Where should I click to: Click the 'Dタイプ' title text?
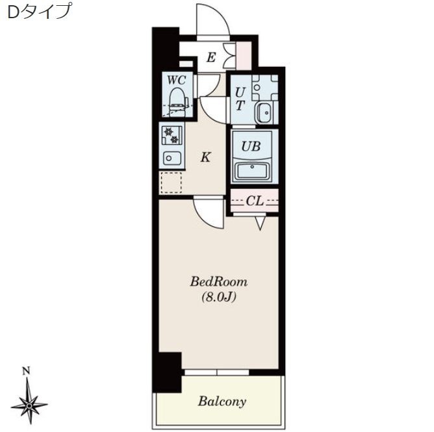[39, 12]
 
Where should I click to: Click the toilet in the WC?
[177, 102]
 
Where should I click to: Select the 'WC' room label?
[176, 80]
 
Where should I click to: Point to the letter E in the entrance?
[211, 58]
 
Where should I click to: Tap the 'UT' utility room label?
[240, 99]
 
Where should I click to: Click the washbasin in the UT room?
[264, 112]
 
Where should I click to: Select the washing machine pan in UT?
[265, 88]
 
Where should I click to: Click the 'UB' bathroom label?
[251, 146]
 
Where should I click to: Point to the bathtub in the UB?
[252, 170]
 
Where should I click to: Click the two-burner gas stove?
[172, 135]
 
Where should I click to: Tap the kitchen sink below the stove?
[172, 159]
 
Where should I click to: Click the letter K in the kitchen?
[206, 157]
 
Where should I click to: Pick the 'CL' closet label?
[255, 201]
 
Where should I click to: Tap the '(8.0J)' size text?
[219, 298]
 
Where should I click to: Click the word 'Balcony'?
[222, 401]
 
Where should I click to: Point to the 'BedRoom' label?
[219, 282]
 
